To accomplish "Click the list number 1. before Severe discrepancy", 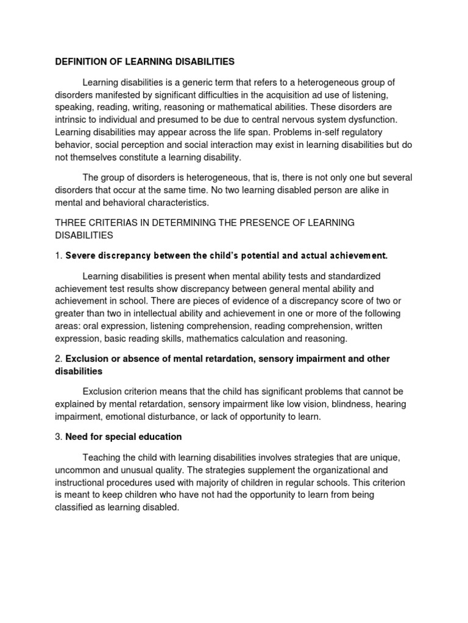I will click(59, 256).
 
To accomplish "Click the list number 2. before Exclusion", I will click(59, 359).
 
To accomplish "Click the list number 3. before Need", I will click(59, 437).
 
